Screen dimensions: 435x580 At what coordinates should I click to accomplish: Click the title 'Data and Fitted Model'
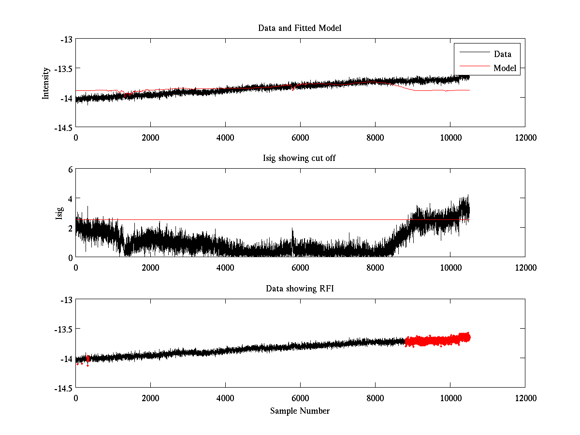[x=300, y=28]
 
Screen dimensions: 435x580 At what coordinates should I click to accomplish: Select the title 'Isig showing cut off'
[x=300, y=159]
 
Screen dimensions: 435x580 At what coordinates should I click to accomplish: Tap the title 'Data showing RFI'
[x=300, y=289]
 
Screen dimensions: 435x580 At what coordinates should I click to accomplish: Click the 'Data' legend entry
[x=502, y=54]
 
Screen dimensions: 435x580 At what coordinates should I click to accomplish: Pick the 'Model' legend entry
[x=505, y=68]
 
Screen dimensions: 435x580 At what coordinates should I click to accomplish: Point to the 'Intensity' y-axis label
[x=46, y=83]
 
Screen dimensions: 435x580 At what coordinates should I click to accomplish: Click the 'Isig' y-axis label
[x=59, y=213]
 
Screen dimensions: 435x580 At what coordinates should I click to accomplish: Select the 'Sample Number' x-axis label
[x=300, y=411]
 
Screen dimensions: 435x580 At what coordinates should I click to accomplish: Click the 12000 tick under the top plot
[x=525, y=137]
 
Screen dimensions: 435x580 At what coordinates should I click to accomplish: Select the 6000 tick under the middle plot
[x=300, y=268]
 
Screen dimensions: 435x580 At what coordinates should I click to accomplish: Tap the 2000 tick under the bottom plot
[x=150, y=398]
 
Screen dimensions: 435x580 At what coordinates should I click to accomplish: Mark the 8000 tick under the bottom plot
[x=375, y=398]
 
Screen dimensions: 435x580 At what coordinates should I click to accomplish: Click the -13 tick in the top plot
[x=66, y=39]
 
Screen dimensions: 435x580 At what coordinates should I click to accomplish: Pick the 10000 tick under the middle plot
[x=450, y=268]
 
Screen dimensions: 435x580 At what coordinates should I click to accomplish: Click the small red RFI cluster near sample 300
[x=87, y=359]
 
